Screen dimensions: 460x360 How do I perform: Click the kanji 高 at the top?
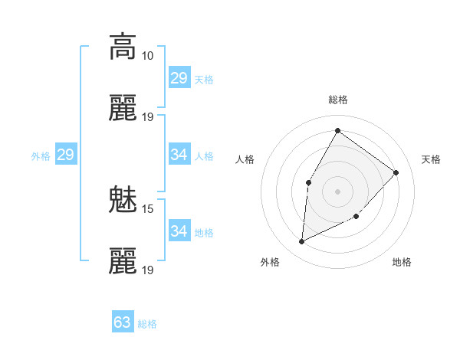tap(123, 47)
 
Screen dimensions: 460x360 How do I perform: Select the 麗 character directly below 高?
tap(123, 109)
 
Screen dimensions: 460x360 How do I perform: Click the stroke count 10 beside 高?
tap(147, 56)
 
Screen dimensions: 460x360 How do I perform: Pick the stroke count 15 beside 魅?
tap(147, 208)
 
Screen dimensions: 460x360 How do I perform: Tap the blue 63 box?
tap(123, 322)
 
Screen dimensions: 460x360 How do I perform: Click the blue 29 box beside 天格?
tap(179, 78)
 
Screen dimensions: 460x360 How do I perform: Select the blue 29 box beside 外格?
tap(65, 155)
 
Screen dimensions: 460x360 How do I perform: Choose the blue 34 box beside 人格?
tap(179, 155)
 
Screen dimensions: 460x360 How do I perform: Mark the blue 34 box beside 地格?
tap(179, 231)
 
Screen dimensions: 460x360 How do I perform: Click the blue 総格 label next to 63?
tap(147, 324)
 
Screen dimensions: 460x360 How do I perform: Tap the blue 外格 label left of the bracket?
tap(41, 156)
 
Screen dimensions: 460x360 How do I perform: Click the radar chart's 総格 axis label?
tap(337, 100)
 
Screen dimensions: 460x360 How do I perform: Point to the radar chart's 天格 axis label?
tap(431, 159)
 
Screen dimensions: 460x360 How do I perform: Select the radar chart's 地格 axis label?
tap(402, 262)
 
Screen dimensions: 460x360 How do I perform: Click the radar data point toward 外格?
tap(301, 242)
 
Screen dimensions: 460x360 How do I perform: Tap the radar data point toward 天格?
tap(396, 172)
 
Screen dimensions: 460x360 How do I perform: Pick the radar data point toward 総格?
tap(337, 130)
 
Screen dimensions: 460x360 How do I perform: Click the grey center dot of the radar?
tap(337, 191)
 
